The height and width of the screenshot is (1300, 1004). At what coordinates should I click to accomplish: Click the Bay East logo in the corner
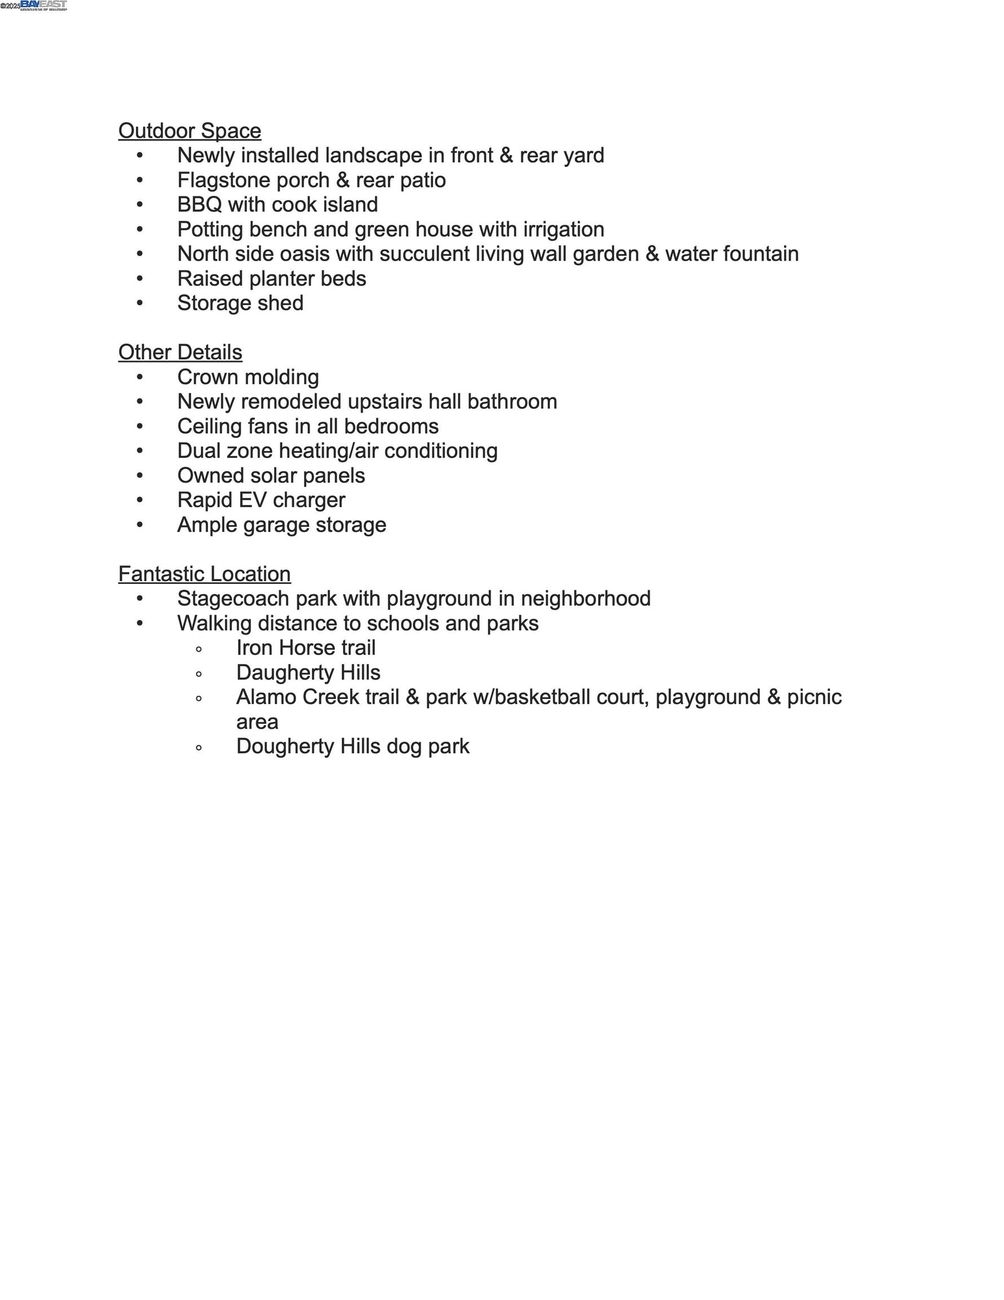[43, 5]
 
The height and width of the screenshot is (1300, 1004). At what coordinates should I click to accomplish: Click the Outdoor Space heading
[190, 131]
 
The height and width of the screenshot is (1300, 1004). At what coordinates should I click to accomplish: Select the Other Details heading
[180, 353]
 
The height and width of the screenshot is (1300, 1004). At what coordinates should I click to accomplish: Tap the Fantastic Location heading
[204, 574]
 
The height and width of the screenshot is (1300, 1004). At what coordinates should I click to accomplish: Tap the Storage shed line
[240, 304]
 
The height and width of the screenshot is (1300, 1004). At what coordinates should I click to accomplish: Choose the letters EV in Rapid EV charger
[252, 500]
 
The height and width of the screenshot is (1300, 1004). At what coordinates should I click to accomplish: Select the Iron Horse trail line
[305, 648]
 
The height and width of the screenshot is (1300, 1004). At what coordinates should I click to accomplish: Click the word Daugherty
[285, 673]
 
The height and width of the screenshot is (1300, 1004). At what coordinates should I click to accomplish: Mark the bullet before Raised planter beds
[140, 279]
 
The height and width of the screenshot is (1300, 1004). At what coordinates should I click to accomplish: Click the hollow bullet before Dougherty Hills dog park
[199, 748]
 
